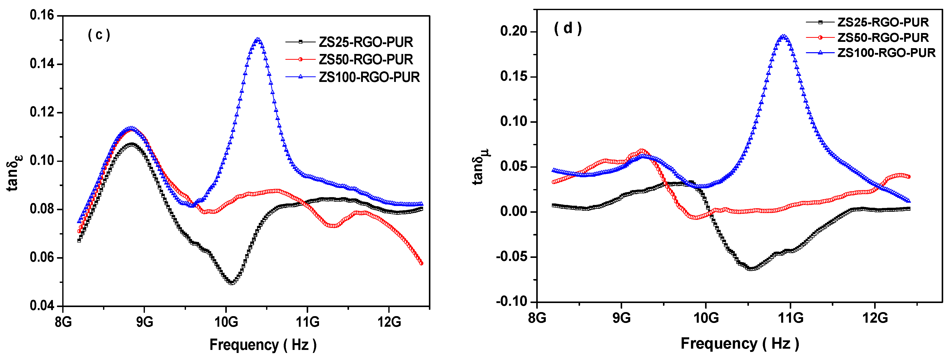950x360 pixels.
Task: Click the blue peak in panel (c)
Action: click(x=258, y=39)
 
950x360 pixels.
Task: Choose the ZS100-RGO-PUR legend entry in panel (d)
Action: click(x=886, y=53)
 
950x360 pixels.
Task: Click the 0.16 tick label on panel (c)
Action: click(x=42, y=15)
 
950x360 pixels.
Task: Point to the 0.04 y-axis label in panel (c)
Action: click(x=42, y=306)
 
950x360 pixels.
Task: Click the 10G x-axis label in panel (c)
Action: click(x=226, y=322)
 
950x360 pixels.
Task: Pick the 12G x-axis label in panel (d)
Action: click(x=875, y=317)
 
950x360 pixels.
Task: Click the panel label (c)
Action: click(x=99, y=35)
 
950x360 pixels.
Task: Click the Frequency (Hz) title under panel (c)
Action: click(x=263, y=345)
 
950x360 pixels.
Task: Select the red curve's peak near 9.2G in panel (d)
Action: click(x=642, y=151)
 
